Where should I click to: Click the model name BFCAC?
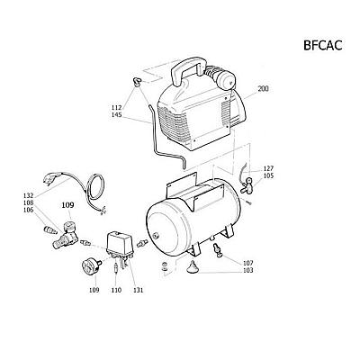click(x=322, y=45)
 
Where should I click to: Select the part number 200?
click(x=264, y=89)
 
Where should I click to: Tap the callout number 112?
click(x=117, y=108)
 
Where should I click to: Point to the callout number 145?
click(x=117, y=115)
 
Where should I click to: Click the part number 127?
click(x=268, y=168)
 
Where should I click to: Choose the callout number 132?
click(x=29, y=195)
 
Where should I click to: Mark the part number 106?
click(x=29, y=210)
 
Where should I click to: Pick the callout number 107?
click(x=248, y=263)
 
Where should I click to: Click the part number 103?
click(x=248, y=270)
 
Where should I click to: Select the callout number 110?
click(x=116, y=290)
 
